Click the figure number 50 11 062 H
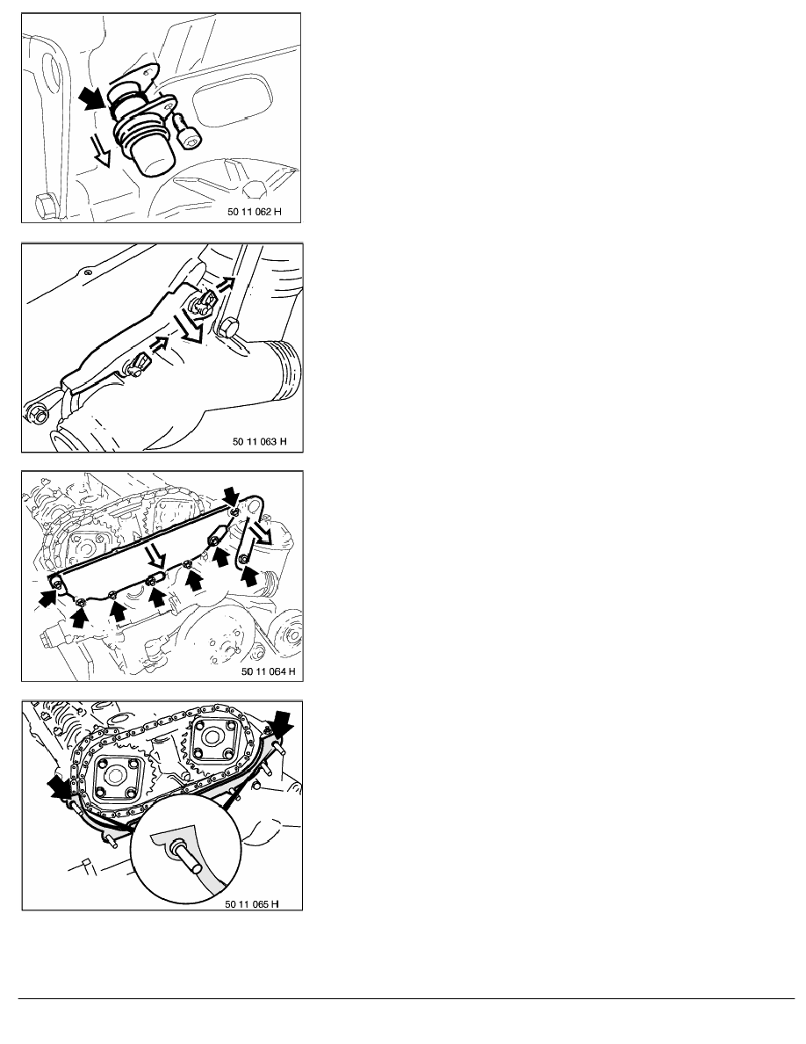point(254,212)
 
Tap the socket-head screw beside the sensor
point(185,132)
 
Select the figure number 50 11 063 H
point(259,441)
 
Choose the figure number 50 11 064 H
point(268,671)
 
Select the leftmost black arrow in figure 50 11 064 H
point(48,597)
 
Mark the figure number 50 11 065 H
point(251,903)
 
